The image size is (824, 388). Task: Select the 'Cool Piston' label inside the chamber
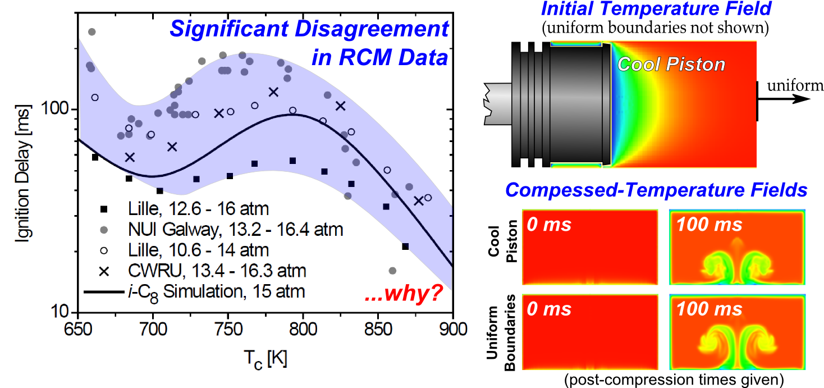pyautogui.click(x=671, y=65)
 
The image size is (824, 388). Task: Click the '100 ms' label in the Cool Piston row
pyautogui.click(x=709, y=225)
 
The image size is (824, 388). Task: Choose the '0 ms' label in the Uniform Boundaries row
pyautogui.click(x=549, y=309)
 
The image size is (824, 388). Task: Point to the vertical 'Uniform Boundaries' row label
pyautogui.click(x=501, y=339)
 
